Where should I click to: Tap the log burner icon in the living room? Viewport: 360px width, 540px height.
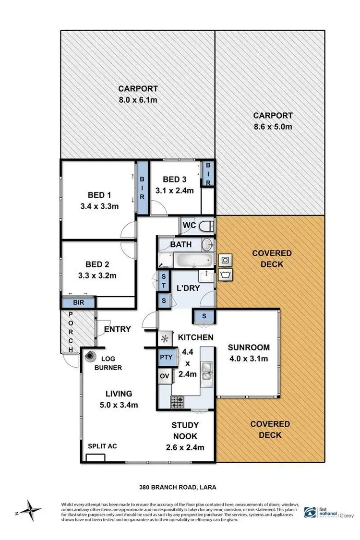pos(90,357)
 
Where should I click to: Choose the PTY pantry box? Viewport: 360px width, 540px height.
pos(166,357)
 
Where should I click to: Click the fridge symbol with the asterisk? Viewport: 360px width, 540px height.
pos(166,338)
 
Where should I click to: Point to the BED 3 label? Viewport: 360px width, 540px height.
pos(174,180)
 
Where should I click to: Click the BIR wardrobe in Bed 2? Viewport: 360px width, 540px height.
pos(79,303)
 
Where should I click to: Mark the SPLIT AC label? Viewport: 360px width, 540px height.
pos(102,446)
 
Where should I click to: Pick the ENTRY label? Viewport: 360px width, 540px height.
pos(117,329)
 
